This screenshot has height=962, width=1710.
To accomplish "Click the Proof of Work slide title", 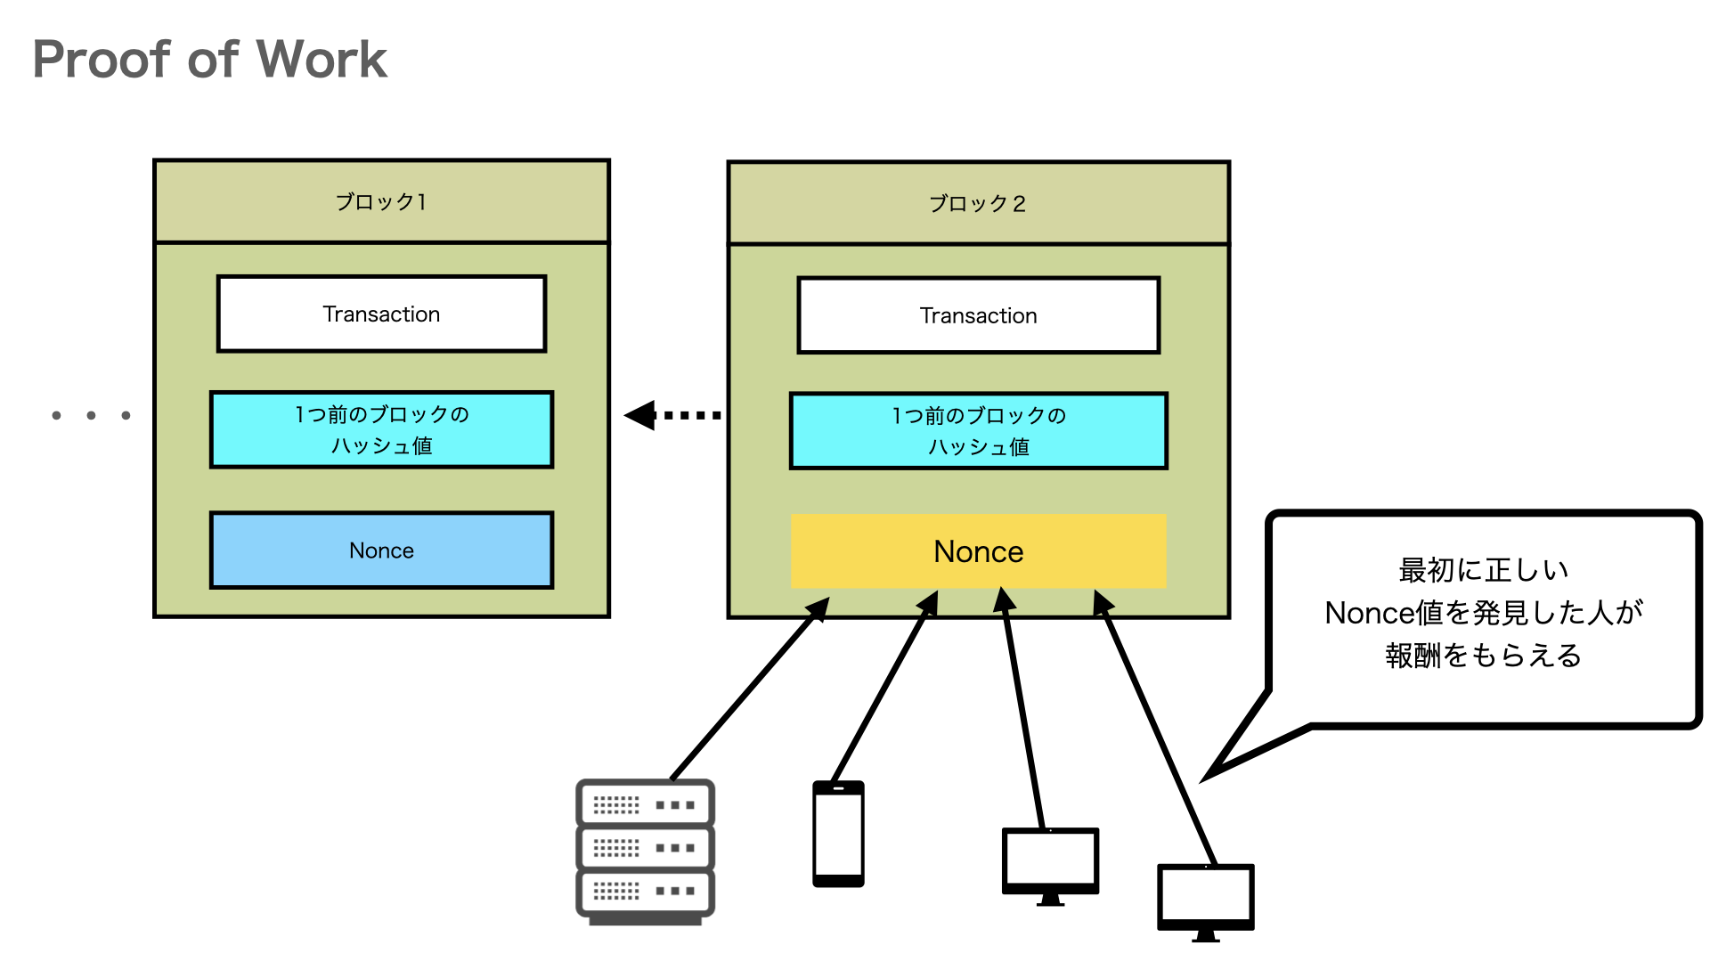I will [209, 60].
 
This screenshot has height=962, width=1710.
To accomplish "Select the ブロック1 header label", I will [381, 202].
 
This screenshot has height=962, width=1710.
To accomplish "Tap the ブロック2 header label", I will [978, 204].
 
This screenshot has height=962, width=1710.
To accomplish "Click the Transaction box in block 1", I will [381, 314].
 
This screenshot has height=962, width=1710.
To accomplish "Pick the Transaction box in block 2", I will [978, 316].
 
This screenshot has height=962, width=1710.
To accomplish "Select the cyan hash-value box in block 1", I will [381, 429].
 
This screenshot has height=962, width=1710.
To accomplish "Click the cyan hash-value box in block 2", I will [978, 431].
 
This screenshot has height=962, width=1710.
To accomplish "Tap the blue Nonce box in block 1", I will [381, 550].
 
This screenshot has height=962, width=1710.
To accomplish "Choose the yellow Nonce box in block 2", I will [978, 551].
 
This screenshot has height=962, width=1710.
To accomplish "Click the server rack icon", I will [645, 851].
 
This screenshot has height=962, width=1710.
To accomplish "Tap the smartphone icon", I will [838, 834].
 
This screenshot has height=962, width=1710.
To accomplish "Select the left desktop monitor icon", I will [1050, 864].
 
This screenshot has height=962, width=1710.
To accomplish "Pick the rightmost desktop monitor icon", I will [1205, 900].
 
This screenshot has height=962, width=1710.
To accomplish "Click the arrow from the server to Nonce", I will [748, 691].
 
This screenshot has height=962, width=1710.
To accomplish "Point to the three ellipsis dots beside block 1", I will [91, 415].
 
